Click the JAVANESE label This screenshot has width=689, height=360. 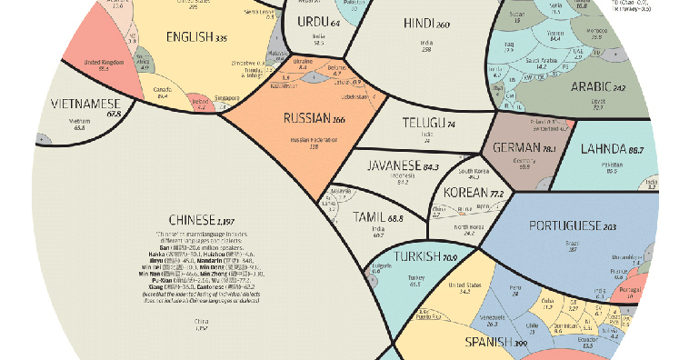click(394, 166)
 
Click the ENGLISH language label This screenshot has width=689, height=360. click(195, 38)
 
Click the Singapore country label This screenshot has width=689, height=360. click(225, 96)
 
